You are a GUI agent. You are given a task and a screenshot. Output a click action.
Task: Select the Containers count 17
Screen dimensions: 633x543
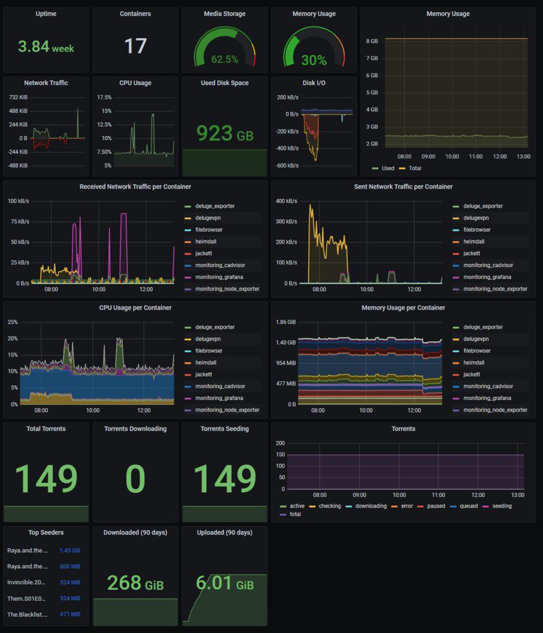point(135,46)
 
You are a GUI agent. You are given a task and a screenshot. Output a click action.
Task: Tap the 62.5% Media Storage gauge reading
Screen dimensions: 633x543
point(224,59)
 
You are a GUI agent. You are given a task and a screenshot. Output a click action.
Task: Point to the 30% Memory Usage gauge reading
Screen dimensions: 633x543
point(313,60)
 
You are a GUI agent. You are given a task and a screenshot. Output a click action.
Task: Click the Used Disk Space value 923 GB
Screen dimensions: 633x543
point(224,133)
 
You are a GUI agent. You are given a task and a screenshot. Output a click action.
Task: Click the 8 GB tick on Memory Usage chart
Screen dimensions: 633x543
point(371,41)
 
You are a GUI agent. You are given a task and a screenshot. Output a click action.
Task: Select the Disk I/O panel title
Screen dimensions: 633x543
point(314,83)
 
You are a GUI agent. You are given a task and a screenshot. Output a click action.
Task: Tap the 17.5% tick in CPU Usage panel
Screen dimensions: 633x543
point(104,98)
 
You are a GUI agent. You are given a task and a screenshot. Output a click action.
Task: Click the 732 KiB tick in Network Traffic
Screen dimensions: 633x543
point(18,98)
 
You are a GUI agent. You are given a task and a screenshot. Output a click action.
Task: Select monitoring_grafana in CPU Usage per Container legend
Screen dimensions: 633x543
point(219,398)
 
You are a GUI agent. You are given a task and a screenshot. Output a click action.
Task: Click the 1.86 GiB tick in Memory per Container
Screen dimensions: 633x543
point(285,323)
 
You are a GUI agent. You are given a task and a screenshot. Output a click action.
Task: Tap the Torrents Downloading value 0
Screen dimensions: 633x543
point(135,479)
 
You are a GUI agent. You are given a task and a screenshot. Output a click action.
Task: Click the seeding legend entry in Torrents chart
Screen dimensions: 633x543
point(501,506)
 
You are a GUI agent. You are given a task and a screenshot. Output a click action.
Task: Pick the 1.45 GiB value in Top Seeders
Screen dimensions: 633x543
point(69,551)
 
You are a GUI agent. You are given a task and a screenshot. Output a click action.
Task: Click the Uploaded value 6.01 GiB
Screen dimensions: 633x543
point(224,583)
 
